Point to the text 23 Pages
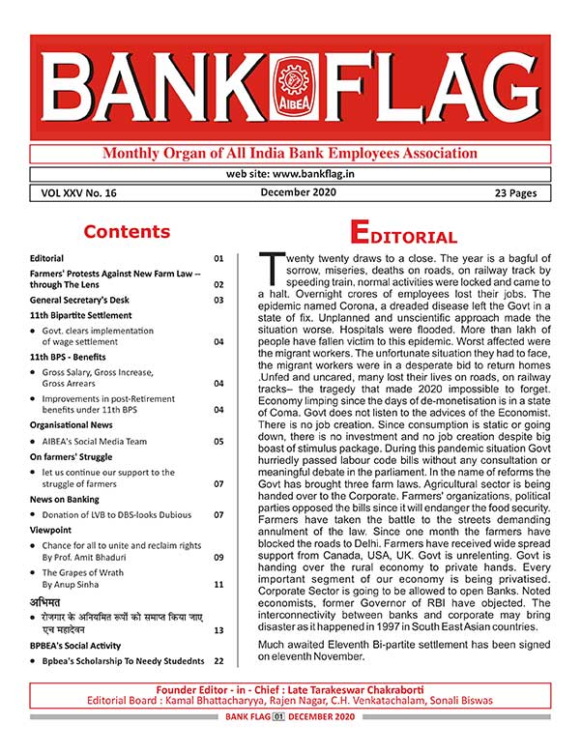pos(508,193)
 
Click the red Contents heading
pos(126,232)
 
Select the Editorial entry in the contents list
pos(46,259)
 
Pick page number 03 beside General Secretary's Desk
pos(218,300)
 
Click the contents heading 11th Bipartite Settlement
pos(80,315)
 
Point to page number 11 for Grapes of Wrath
pos(218,585)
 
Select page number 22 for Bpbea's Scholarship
pos(218,660)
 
